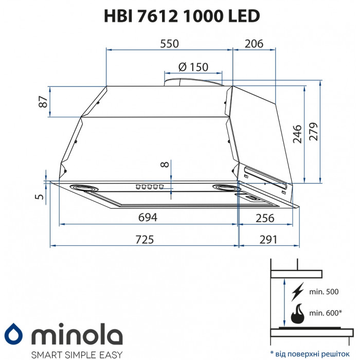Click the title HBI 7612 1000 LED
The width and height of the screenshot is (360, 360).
click(x=179, y=16)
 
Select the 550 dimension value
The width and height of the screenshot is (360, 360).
click(x=169, y=44)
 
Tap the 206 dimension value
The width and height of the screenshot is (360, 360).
click(x=253, y=44)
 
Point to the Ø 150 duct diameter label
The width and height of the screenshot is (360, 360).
click(x=193, y=67)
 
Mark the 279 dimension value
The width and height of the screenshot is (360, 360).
click(x=314, y=132)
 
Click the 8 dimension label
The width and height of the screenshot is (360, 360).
click(x=164, y=165)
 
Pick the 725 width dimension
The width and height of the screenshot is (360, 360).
click(x=145, y=239)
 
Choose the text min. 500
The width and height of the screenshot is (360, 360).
click(x=324, y=292)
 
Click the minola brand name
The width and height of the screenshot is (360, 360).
click(x=79, y=335)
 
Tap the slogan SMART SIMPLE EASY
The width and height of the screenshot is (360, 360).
click(x=77, y=354)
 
